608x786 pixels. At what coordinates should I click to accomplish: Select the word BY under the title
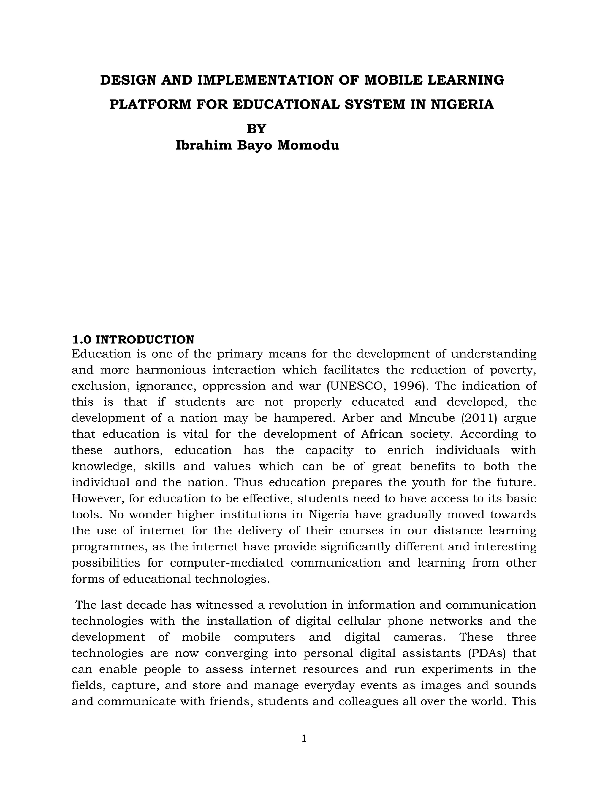tap(256, 128)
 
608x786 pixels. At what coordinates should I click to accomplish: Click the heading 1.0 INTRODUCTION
tap(133, 339)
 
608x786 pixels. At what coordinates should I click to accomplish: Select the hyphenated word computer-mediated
tap(227, 562)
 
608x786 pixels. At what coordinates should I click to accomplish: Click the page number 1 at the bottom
tap(304, 739)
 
